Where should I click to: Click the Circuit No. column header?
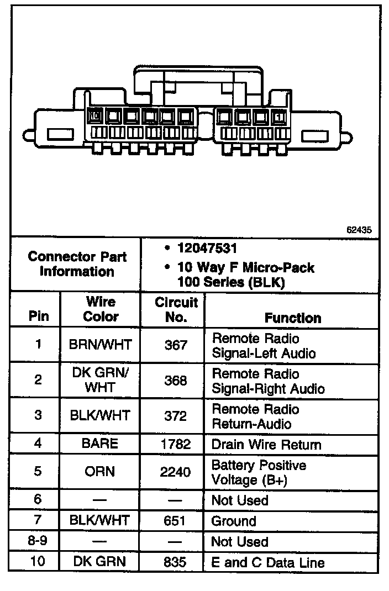[176, 310]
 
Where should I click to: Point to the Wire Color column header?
[101, 309]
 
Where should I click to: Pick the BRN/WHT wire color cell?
[101, 345]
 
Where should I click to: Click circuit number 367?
[176, 345]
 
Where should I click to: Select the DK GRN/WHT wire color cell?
[101, 380]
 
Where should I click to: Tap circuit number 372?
[176, 416]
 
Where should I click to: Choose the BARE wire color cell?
[101, 444]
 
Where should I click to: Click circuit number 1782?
[176, 444]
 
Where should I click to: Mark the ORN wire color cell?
[101, 472]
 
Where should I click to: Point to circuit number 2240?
[176, 472]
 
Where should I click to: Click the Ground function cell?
[234, 521]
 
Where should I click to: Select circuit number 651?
[176, 520]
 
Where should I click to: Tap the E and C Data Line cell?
[267, 563]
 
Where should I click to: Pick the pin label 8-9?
[38, 541]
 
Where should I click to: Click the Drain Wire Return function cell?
[266, 444]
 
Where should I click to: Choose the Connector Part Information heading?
[77, 264]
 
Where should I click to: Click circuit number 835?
[176, 563]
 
